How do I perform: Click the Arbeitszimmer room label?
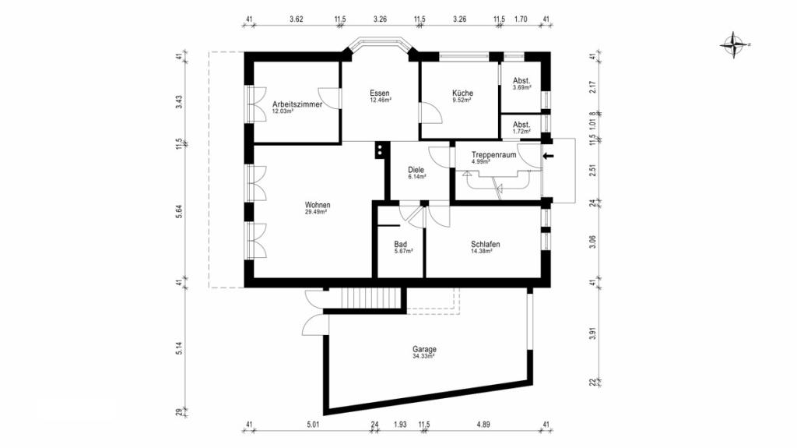[x=297, y=104]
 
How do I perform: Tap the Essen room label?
[x=380, y=93]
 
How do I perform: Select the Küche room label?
[x=462, y=93]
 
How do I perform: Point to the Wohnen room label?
[x=318, y=205]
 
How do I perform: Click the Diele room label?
[x=416, y=170]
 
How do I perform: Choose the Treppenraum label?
[x=493, y=155]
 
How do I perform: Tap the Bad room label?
[x=401, y=245]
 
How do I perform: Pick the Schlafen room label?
[x=486, y=245]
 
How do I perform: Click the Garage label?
[x=424, y=350]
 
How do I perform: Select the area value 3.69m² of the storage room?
[x=522, y=87]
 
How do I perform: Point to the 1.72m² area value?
[x=522, y=132]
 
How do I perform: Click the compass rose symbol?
[x=734, y=45]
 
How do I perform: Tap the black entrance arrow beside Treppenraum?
[x=548, y=156]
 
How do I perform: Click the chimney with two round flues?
[x=380, y=150]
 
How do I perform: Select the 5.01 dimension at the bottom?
[x=313, y=425]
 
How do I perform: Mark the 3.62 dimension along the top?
[x=297, y=19]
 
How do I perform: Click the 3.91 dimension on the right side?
[x=592, y=334]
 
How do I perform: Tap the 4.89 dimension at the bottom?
[x=483, y=425]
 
